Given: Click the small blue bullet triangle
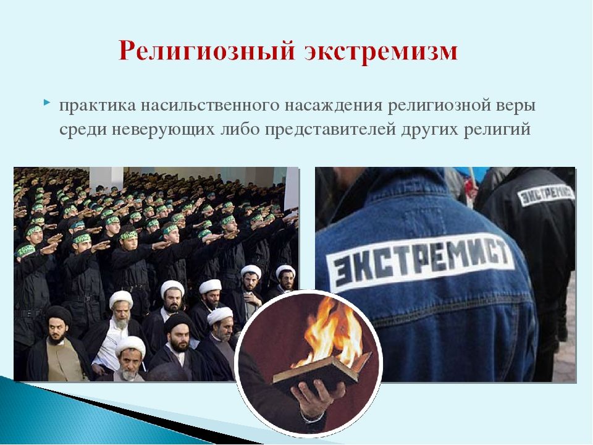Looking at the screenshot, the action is [46, 102].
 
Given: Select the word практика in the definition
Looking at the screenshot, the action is [97, 106].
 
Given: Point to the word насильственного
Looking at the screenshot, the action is [210, 106].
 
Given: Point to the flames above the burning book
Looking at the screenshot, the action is [333, 331].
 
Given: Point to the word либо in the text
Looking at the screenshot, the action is [240, 129].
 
